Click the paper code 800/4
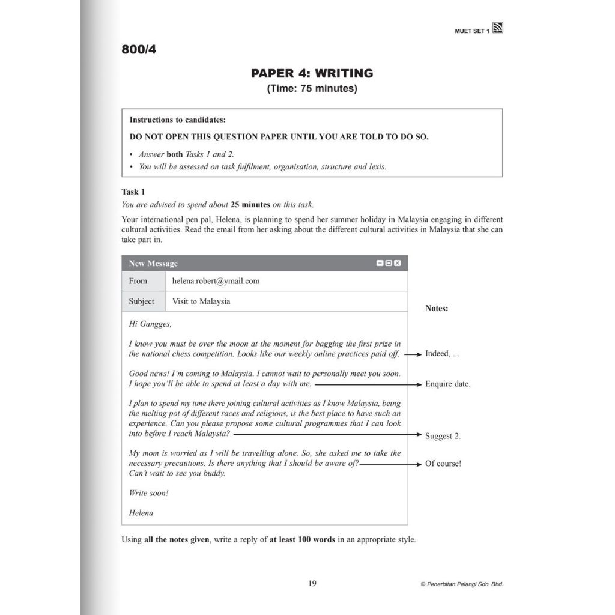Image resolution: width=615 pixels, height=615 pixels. pos(139,50)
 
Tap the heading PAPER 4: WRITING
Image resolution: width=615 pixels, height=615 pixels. pos(312,73)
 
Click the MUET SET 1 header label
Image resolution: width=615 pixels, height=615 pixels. pos(472,31)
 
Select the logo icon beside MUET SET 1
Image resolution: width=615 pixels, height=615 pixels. pos(497,28)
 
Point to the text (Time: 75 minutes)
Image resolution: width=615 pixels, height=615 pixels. pos(312,89)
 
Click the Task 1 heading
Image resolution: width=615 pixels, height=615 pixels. pos(133,192)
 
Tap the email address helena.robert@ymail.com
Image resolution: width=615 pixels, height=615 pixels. pos(216,281)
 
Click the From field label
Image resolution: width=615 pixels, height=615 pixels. pos(138,281)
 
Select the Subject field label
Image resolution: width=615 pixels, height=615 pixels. pos(142,301)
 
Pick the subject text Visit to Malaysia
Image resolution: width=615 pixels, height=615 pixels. pos(201,301)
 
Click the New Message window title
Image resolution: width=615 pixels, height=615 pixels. pos(153,264)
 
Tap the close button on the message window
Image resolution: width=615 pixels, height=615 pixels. pos(398,263)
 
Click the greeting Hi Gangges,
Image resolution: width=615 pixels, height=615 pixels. pos(150,324)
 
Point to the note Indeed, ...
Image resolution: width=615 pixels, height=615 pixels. pos(442,354)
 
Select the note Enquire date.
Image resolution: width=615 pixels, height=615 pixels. pos(447,384)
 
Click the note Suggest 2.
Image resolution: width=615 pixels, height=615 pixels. pos(443,436)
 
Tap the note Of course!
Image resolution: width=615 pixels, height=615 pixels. pos(443,464)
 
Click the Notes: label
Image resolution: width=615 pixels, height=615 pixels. pos(437,309)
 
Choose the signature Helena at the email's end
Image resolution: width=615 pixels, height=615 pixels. pos(141,513)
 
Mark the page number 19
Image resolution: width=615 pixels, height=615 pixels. pos(312,583)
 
